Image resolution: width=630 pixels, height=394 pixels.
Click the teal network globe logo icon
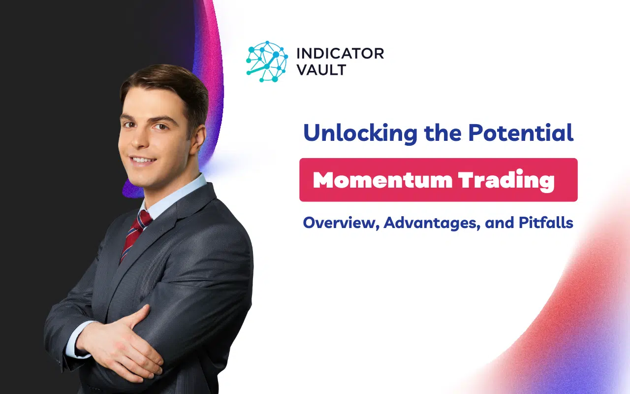coord(266,61)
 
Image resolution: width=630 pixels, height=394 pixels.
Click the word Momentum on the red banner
coord(381,180)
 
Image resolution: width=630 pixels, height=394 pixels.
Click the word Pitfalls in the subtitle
coord(546,223)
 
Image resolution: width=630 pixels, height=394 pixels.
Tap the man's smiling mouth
coord(143,160)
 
